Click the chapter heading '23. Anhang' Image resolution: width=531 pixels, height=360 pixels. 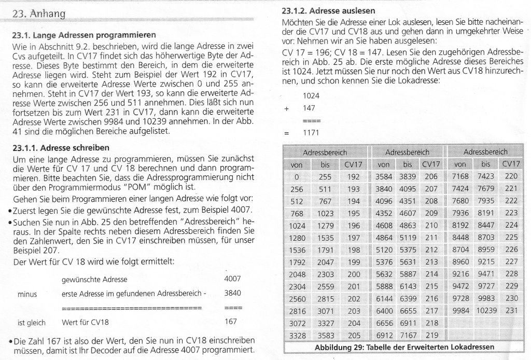[x=39, y=14]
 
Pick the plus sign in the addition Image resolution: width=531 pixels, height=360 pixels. [x=286, y=109]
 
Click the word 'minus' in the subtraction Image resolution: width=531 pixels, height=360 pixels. [x=27, y=294]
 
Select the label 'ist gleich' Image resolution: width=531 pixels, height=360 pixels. [x=32, y=323]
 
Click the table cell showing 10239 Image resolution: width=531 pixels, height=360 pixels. [x=485, y=310]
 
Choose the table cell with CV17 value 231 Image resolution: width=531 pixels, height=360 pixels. [x=511, y=310]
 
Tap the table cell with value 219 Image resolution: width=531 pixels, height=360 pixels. [x=431, y=335]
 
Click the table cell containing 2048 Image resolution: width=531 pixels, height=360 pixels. [x=298, y=273]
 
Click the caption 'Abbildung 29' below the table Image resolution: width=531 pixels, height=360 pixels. [x=404, y=347]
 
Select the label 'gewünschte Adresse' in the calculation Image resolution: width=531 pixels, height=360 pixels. [x=94, y=279]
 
